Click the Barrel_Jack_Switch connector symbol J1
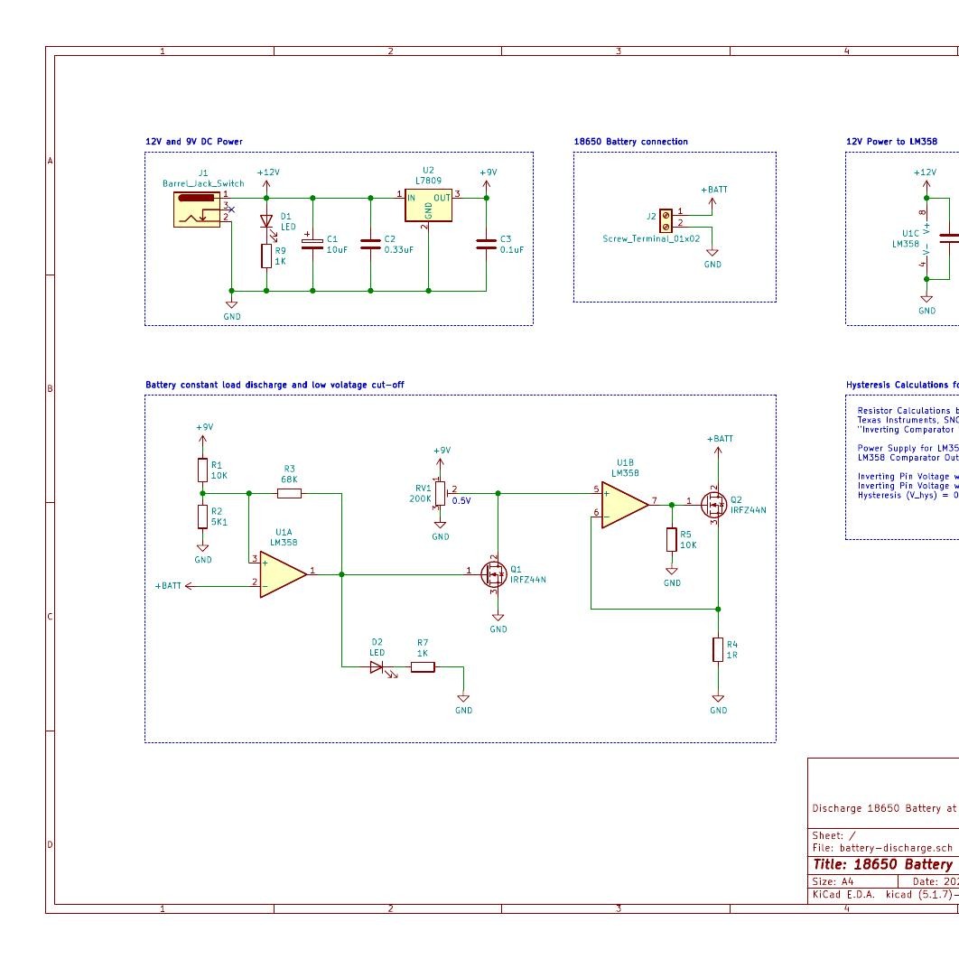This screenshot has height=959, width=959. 198,208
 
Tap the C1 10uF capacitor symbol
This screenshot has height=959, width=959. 312,244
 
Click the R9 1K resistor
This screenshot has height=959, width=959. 266,256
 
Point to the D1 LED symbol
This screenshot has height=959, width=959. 266,220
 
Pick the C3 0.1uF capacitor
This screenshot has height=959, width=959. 487,244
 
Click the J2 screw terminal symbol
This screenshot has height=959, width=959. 666,219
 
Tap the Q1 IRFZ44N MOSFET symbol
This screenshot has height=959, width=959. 494,573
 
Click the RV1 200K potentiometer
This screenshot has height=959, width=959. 440,493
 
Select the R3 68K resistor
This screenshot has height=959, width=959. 289,493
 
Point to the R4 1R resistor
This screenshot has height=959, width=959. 718,649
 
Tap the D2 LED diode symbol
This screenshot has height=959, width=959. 377,667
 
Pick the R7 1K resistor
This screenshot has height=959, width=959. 423,667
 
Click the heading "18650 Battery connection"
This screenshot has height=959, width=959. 630,142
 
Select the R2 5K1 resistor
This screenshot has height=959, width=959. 202,517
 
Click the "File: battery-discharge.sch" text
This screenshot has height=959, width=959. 882,848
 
